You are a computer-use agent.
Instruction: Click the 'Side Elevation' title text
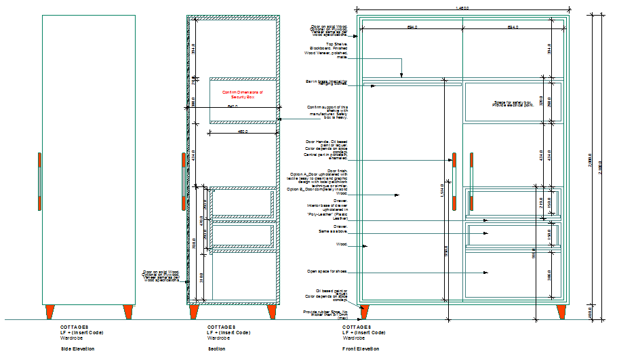78,348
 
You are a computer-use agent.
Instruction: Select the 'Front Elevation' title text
361,348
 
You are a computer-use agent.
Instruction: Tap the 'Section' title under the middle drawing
217,348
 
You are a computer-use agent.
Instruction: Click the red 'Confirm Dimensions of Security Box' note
242,95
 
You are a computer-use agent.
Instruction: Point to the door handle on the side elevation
40,181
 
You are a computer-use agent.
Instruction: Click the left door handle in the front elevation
454,181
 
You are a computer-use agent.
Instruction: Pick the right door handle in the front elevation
471,181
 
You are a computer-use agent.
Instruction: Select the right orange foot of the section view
272,311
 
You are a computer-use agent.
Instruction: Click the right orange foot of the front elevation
561,311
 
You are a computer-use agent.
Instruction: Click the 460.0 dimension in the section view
242,132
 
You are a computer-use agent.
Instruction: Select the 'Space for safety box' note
513,104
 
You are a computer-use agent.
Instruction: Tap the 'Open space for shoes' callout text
327,271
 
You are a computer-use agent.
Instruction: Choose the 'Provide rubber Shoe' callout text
325,315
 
